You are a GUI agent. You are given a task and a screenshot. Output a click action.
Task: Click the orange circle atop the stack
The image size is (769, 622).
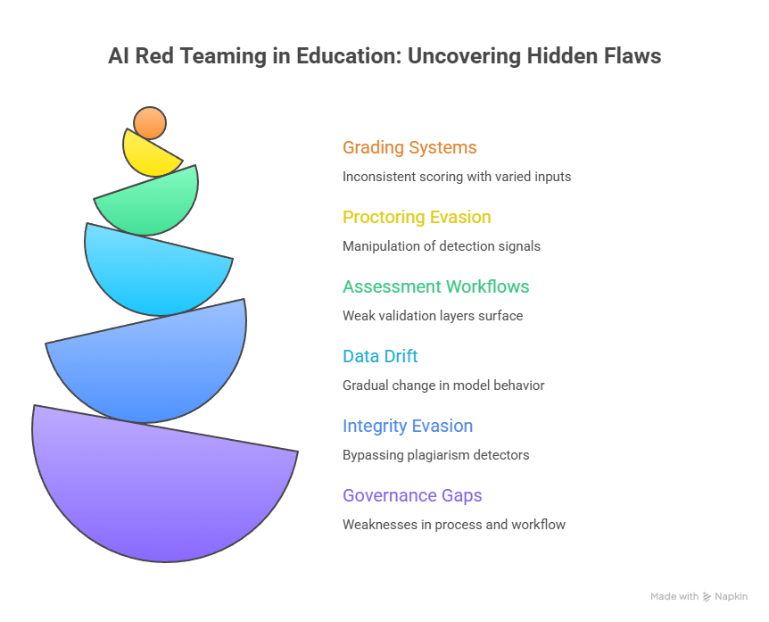150,123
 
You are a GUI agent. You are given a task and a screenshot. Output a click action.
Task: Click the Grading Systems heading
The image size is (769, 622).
409,148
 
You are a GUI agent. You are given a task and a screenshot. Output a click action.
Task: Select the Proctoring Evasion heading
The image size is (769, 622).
417,218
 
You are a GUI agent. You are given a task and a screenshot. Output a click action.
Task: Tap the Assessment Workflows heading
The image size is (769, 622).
435,287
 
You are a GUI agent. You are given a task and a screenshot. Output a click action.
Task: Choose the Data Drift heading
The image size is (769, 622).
380,357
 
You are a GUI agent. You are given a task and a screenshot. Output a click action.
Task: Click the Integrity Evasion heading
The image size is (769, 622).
408,427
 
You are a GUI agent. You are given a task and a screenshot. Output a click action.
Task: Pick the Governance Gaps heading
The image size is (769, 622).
412,496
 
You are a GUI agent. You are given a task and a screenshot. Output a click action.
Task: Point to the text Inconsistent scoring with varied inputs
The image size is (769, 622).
457,177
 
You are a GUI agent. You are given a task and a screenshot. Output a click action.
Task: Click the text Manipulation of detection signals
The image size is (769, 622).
442,246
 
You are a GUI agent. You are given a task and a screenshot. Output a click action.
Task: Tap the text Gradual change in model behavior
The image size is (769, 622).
443,386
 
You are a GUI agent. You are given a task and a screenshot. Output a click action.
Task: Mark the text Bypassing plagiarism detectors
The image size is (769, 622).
436,455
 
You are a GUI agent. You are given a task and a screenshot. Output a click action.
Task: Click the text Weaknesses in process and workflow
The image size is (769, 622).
454,525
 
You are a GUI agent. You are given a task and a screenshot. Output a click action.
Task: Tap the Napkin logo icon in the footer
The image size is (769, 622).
707,597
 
